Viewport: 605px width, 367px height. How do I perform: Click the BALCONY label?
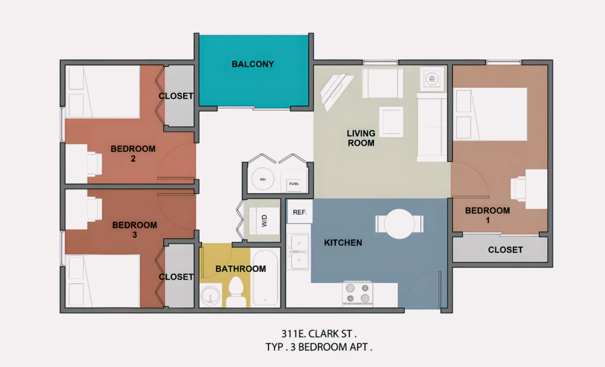[253, 64]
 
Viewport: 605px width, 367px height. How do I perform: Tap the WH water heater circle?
[263, 179]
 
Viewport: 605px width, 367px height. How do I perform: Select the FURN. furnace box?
[294, 185]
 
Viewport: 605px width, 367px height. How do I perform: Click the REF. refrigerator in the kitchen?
[300, 212]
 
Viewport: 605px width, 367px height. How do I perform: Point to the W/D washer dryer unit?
[264, 221]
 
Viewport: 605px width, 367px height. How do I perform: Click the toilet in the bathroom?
[236, 292]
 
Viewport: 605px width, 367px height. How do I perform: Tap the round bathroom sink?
[210, 295]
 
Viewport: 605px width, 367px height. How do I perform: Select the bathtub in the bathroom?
[265, 278]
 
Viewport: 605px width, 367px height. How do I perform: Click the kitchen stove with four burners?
[357, 294]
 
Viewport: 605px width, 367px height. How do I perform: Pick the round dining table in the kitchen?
[399, 224]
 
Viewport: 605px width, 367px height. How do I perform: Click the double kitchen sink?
[298, 252]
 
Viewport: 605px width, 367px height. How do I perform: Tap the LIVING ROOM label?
[361, 138]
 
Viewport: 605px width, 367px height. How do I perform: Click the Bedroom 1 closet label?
[505, 250]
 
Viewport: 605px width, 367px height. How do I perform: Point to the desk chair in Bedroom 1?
[518, 189]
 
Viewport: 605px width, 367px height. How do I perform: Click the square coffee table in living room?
[391, 122]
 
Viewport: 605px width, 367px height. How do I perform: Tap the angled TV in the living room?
[336, 91]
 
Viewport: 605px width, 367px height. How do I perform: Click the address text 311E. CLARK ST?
[319, 334]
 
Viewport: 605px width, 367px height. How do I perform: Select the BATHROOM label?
[240, 269]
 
